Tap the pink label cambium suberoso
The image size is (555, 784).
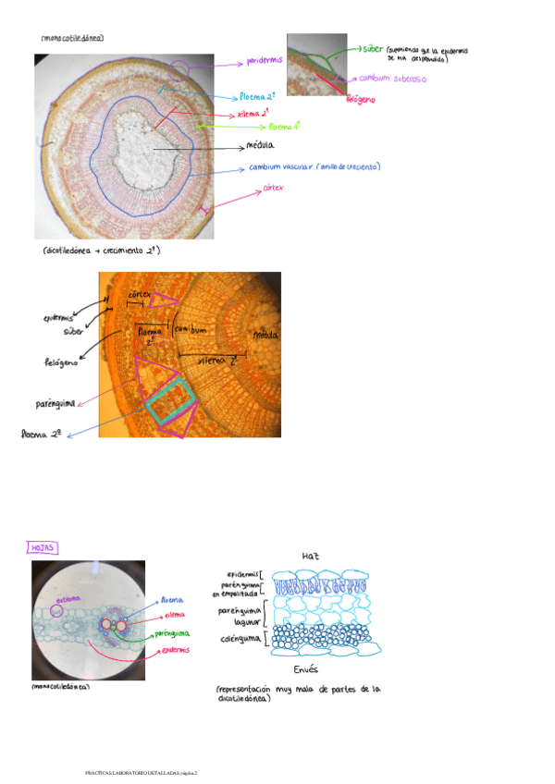[x=392, y=80]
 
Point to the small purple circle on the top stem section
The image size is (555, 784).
[x=182, y=68]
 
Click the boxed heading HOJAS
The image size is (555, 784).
[x=43, y=548]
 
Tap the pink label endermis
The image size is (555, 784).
[x=172, y=649]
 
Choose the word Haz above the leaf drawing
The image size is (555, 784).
[x=311, y=556]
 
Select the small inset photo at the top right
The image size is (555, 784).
[x=316, y=65]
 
